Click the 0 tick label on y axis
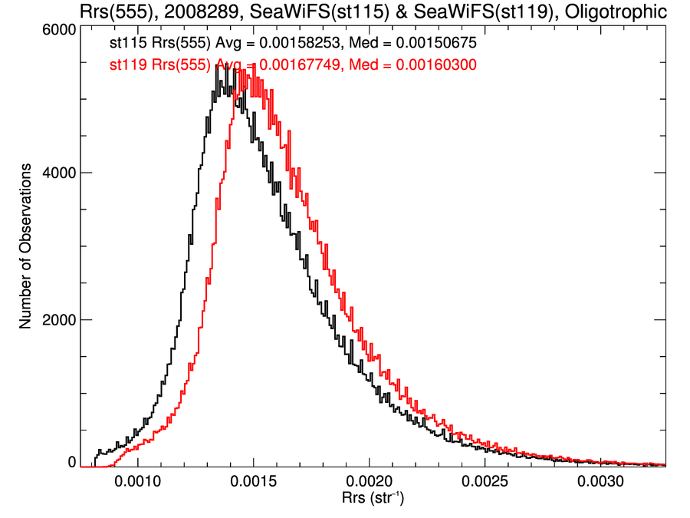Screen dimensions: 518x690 (x=72, y=463)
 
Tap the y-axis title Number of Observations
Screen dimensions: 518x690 (x=26, y=246)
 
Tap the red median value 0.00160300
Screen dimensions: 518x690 (x=437, y=66)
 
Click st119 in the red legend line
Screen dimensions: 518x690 (x=127, y=66)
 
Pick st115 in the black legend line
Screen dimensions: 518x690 (x=127, y=45)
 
